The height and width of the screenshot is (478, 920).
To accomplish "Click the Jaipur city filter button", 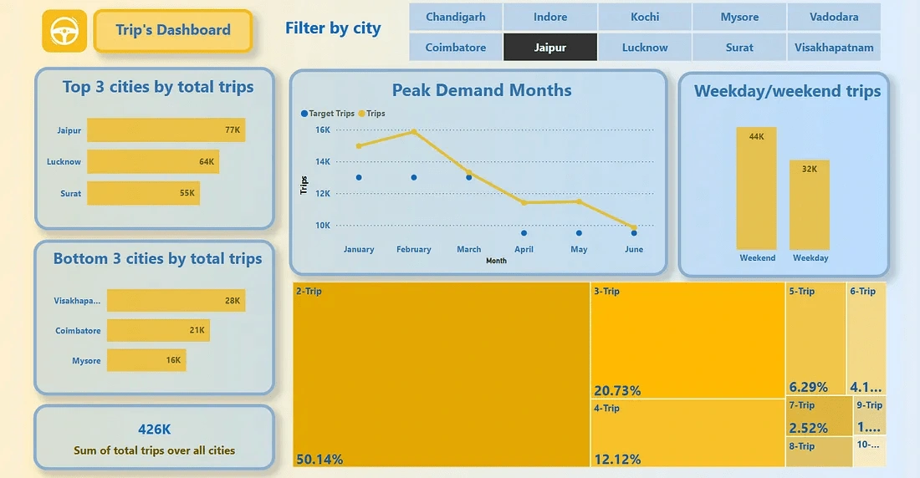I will click(x=550, y=48).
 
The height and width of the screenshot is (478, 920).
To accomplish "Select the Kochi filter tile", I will click(x=645, y=17).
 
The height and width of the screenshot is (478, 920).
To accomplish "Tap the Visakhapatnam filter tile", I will click(x=834, y=48).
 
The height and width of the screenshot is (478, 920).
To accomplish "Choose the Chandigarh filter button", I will click(x=455, y=17).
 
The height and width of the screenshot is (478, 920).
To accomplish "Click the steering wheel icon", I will click(x=64, y=32).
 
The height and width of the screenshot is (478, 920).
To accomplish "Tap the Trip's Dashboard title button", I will click(x=173, y=31).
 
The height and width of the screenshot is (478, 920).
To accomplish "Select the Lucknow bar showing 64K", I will click(x=152, y=161).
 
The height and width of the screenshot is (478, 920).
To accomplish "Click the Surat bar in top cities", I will click(x=143, y=193).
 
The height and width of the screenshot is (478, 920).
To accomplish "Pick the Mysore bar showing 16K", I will click(x=146, y=360).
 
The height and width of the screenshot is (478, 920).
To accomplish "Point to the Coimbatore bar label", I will click(x=78, y=331).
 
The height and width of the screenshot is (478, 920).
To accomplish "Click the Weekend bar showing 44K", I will click(x=757, y=188).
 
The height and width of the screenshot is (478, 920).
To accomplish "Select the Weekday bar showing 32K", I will click(x=810, y=205).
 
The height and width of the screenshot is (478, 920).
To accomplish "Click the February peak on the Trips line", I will click(x=413, y=132).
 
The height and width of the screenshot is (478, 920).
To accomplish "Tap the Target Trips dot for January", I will click(x=359, y=177).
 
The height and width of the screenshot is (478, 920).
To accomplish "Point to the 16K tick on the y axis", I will click(x=322, y=130).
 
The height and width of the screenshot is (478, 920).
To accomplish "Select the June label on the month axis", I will click(x=634, y=249).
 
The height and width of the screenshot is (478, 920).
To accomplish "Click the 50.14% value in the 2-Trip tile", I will click(x=319, y=459).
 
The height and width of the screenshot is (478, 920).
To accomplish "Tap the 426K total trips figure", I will click(x=154, y=430).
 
